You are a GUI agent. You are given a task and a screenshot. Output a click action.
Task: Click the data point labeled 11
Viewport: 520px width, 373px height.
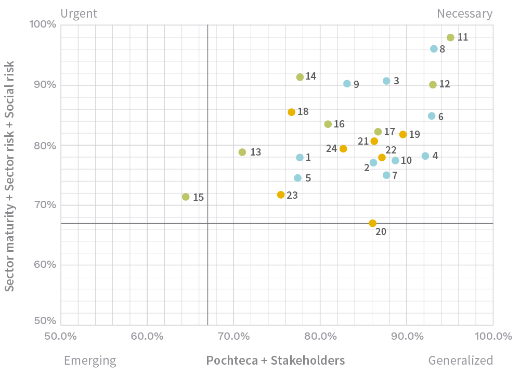450,37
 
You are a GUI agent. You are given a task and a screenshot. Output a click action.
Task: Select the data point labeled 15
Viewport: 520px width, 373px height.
186,197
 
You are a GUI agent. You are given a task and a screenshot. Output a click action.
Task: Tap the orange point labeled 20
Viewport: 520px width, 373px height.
372,223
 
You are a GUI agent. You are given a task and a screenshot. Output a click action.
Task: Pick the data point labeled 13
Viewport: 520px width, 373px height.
242,152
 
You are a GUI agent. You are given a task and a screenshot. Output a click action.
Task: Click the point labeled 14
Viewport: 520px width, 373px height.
300,77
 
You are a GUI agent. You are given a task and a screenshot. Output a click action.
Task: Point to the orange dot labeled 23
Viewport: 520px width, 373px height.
281,195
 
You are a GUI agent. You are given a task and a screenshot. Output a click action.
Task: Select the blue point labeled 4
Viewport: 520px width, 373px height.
425,156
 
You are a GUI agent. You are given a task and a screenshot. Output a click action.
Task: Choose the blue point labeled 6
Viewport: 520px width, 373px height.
432,116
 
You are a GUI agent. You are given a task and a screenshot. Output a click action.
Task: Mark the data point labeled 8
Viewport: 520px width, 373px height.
434,49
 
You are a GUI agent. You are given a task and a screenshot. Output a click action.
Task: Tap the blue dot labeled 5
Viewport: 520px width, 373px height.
297,178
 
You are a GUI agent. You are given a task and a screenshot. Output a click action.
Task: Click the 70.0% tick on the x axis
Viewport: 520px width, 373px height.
234,336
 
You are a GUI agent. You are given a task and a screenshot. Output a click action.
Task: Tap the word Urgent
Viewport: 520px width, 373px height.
79,14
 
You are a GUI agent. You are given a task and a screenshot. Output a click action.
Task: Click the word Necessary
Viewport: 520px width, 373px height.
464,14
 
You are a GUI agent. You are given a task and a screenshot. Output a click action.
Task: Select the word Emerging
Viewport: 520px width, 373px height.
89,361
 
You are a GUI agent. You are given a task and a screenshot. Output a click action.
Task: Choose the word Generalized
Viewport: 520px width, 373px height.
460,361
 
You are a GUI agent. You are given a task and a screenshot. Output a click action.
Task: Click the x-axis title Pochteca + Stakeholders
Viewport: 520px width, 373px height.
276,361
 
